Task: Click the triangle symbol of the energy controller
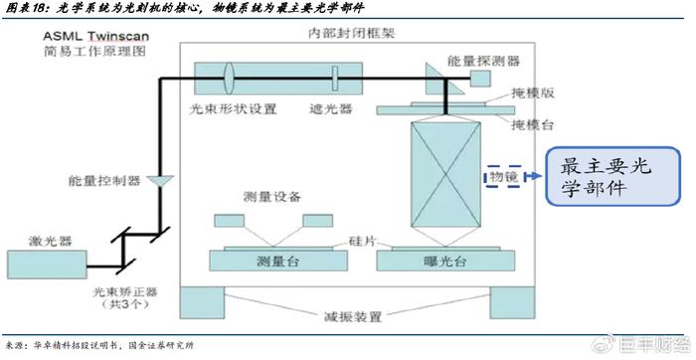click(x=159, y=180)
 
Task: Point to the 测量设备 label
click(x=270, y=196)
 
